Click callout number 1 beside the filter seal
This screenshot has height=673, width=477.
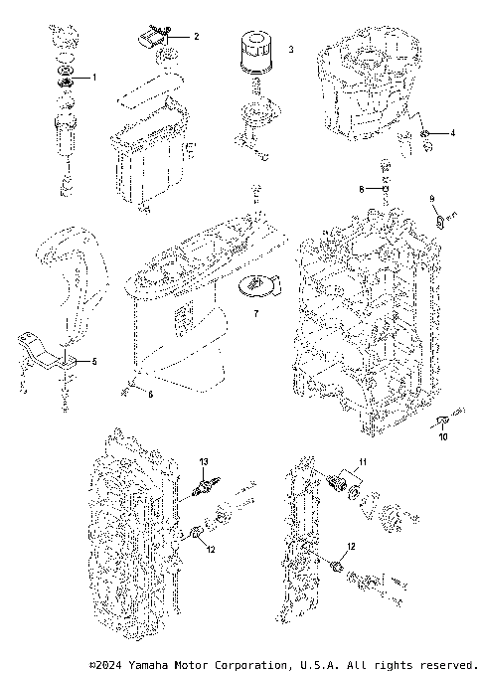pos(94,77)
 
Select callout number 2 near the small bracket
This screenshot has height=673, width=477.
pos(196,36)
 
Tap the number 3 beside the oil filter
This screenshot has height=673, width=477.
pos(290,48)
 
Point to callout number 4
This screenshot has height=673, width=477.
pos(453,131)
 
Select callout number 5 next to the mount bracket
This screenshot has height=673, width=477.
pos(95,361)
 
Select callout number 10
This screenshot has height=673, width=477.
pos(443,436)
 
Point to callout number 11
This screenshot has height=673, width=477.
pos(363,462)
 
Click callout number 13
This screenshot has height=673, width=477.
pos(203,462)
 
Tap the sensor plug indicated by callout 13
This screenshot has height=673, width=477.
pos(205,487)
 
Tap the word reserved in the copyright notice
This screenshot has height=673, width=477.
pos(450,663)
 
